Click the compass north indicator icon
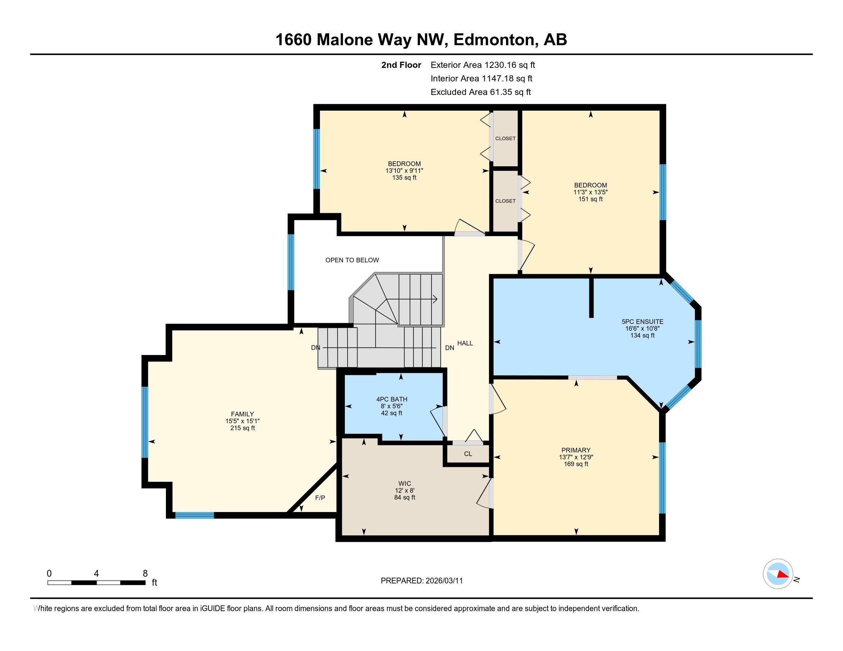(778, 574)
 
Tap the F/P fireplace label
(320, 498)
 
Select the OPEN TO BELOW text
(352, 260)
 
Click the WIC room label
(405, 484)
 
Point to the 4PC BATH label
(392, 399)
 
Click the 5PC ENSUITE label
(642, 322)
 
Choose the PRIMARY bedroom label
(576, 450)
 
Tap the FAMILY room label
(243, 414)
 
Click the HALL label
(465, 343)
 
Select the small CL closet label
(468, 454)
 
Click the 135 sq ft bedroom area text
(404, 178)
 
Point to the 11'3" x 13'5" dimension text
(590, 192)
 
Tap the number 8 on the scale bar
(145, 574)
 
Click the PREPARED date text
(421, 581)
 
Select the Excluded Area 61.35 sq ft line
(481, 92)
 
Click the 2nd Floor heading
(401, 65)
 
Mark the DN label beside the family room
(315, 347)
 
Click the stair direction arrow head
(435, 299)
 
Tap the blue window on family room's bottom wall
(195, 515)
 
